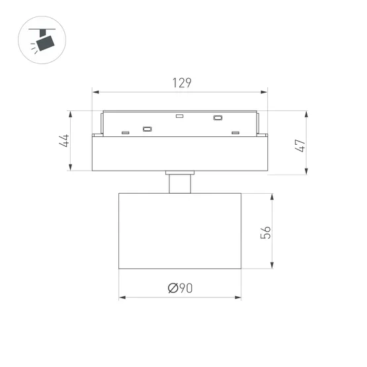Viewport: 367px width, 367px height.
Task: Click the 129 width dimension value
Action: click(x=181, y=83)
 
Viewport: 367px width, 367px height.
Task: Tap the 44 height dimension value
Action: click(x=65, y=141)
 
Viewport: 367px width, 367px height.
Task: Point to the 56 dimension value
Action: click(x=265, y=232)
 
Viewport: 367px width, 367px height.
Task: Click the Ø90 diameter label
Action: click(x=180, y=288)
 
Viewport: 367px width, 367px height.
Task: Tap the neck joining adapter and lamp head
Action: click(x=180, y=183)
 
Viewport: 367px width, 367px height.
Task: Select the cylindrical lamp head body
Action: click(x=180, y=231)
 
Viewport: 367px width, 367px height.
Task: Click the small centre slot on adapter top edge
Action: click(x=179, y=116)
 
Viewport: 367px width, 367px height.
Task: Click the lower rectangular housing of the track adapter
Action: click(x=180, y=153)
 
